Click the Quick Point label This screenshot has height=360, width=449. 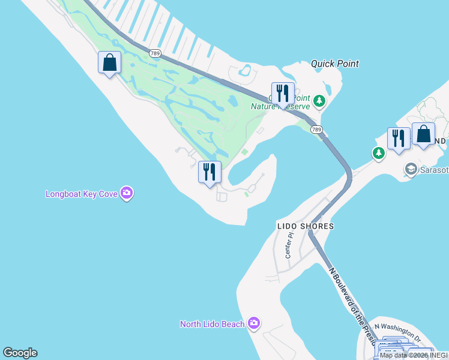(x=334, y=64)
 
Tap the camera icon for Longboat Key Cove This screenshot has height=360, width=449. (x=126, y=193)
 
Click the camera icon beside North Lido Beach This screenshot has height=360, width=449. (x=253, y=324)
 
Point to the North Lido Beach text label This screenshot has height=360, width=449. (x=212, y=324)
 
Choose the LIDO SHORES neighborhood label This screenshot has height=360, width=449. (x=305, y=226)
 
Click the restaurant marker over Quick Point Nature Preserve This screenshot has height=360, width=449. (x=283, y=94)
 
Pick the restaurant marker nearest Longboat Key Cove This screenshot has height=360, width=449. (x=209, y=173)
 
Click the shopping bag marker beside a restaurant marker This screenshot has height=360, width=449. (x=423, y=134)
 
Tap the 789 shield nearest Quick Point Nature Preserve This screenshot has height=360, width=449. (x=315, y=129)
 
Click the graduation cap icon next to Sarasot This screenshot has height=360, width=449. (x=411, y=169)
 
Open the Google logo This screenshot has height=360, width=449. (x=20, y=353)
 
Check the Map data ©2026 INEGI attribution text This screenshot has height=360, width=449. (x=414, y=355)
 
